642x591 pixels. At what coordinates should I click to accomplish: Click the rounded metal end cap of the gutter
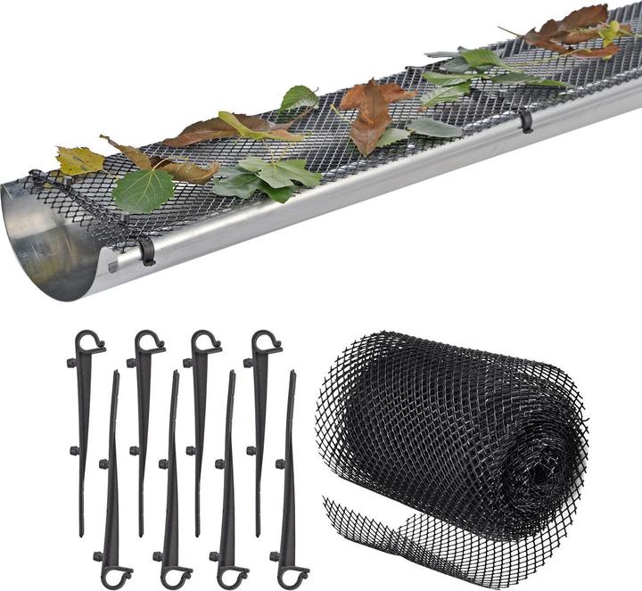49,245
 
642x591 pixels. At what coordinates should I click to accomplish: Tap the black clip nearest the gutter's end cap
145,250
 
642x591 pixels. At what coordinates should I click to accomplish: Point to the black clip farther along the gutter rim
526,121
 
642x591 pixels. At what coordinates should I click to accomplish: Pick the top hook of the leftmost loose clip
89,342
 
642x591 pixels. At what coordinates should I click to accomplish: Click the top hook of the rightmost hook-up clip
266,342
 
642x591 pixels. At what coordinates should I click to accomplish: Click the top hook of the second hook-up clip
150,342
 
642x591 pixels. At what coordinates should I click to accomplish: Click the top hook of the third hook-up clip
206,342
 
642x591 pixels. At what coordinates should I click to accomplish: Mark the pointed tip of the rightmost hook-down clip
292,373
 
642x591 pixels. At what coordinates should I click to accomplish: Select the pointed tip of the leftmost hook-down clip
115,373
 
